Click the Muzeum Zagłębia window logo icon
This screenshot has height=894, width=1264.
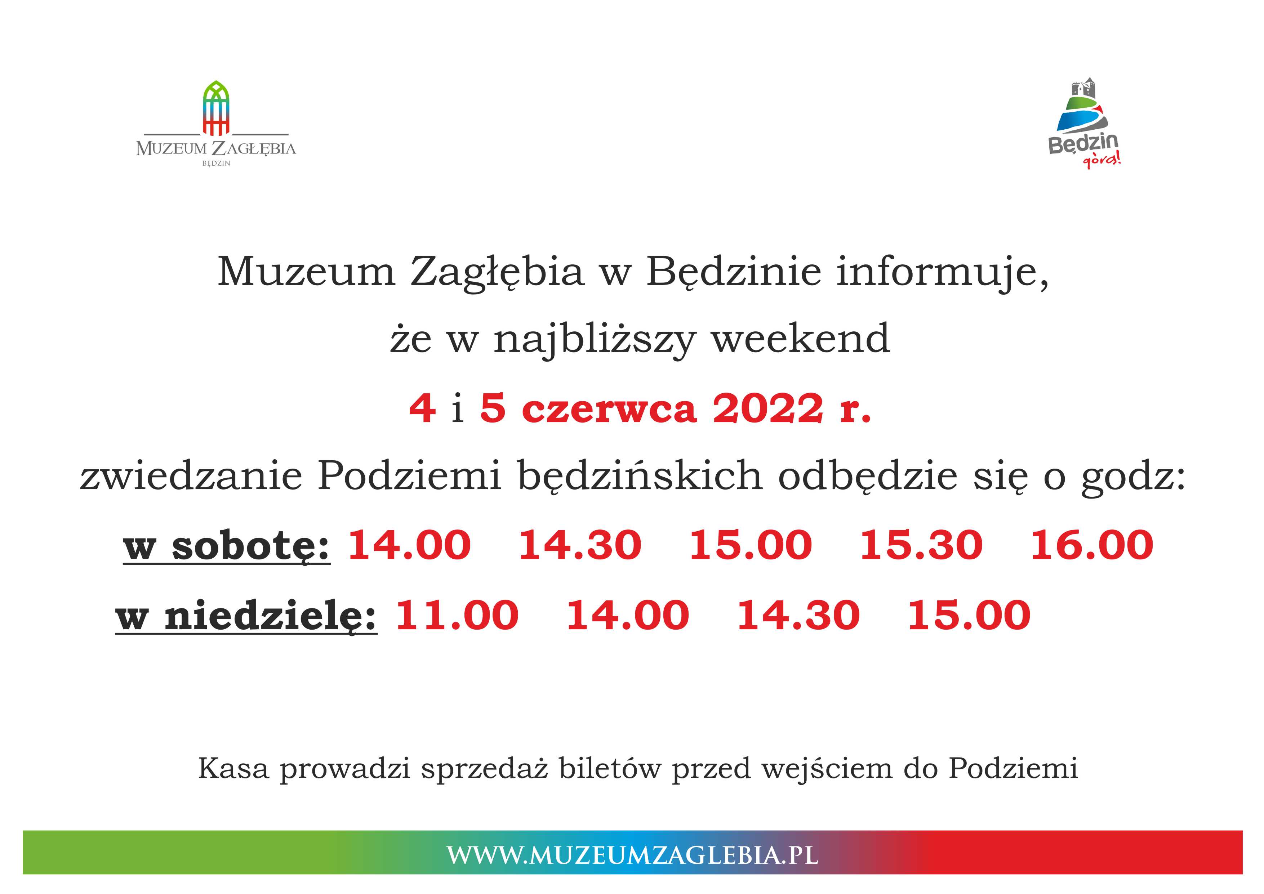click(216, 108)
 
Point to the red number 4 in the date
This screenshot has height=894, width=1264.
click(423, 408)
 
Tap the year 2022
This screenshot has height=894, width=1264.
click(768, 408)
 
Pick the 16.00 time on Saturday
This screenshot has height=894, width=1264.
click(1092, 546)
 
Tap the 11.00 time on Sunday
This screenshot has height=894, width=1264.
click(457, 615)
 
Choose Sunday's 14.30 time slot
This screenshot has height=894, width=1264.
click(798, 615)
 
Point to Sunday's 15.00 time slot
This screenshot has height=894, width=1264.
click(969, 615)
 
